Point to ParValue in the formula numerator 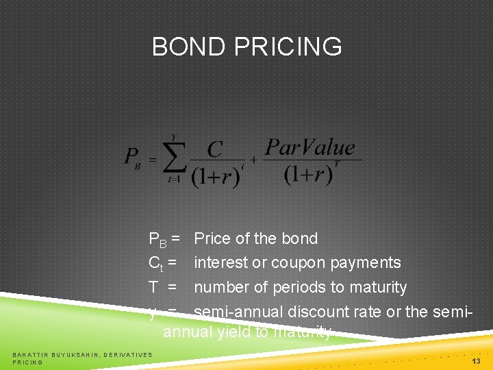(x=310, y=147)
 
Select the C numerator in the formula (x=215, y=149)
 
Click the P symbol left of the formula (x=132, y=158)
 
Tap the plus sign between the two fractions (x=253, y=160)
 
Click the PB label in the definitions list (x=160, y=239)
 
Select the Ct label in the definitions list (x=158, y=263)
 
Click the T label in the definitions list (x=154, y=287)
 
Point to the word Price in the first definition (x=212, y=238)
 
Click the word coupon (x=300, y=263)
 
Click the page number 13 (x=477, y=360)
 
